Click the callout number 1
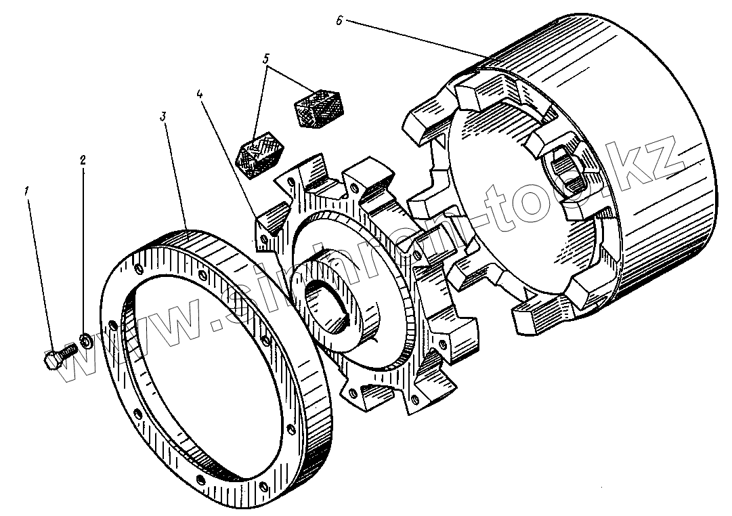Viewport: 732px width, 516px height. click(x=28, y=192)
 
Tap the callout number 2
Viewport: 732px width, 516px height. click(x=83, y=160)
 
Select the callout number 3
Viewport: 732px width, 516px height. click(x=163, y=116)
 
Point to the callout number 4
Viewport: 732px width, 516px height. click(x=200, y=95)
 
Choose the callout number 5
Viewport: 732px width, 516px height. click(x=267, y=59)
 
